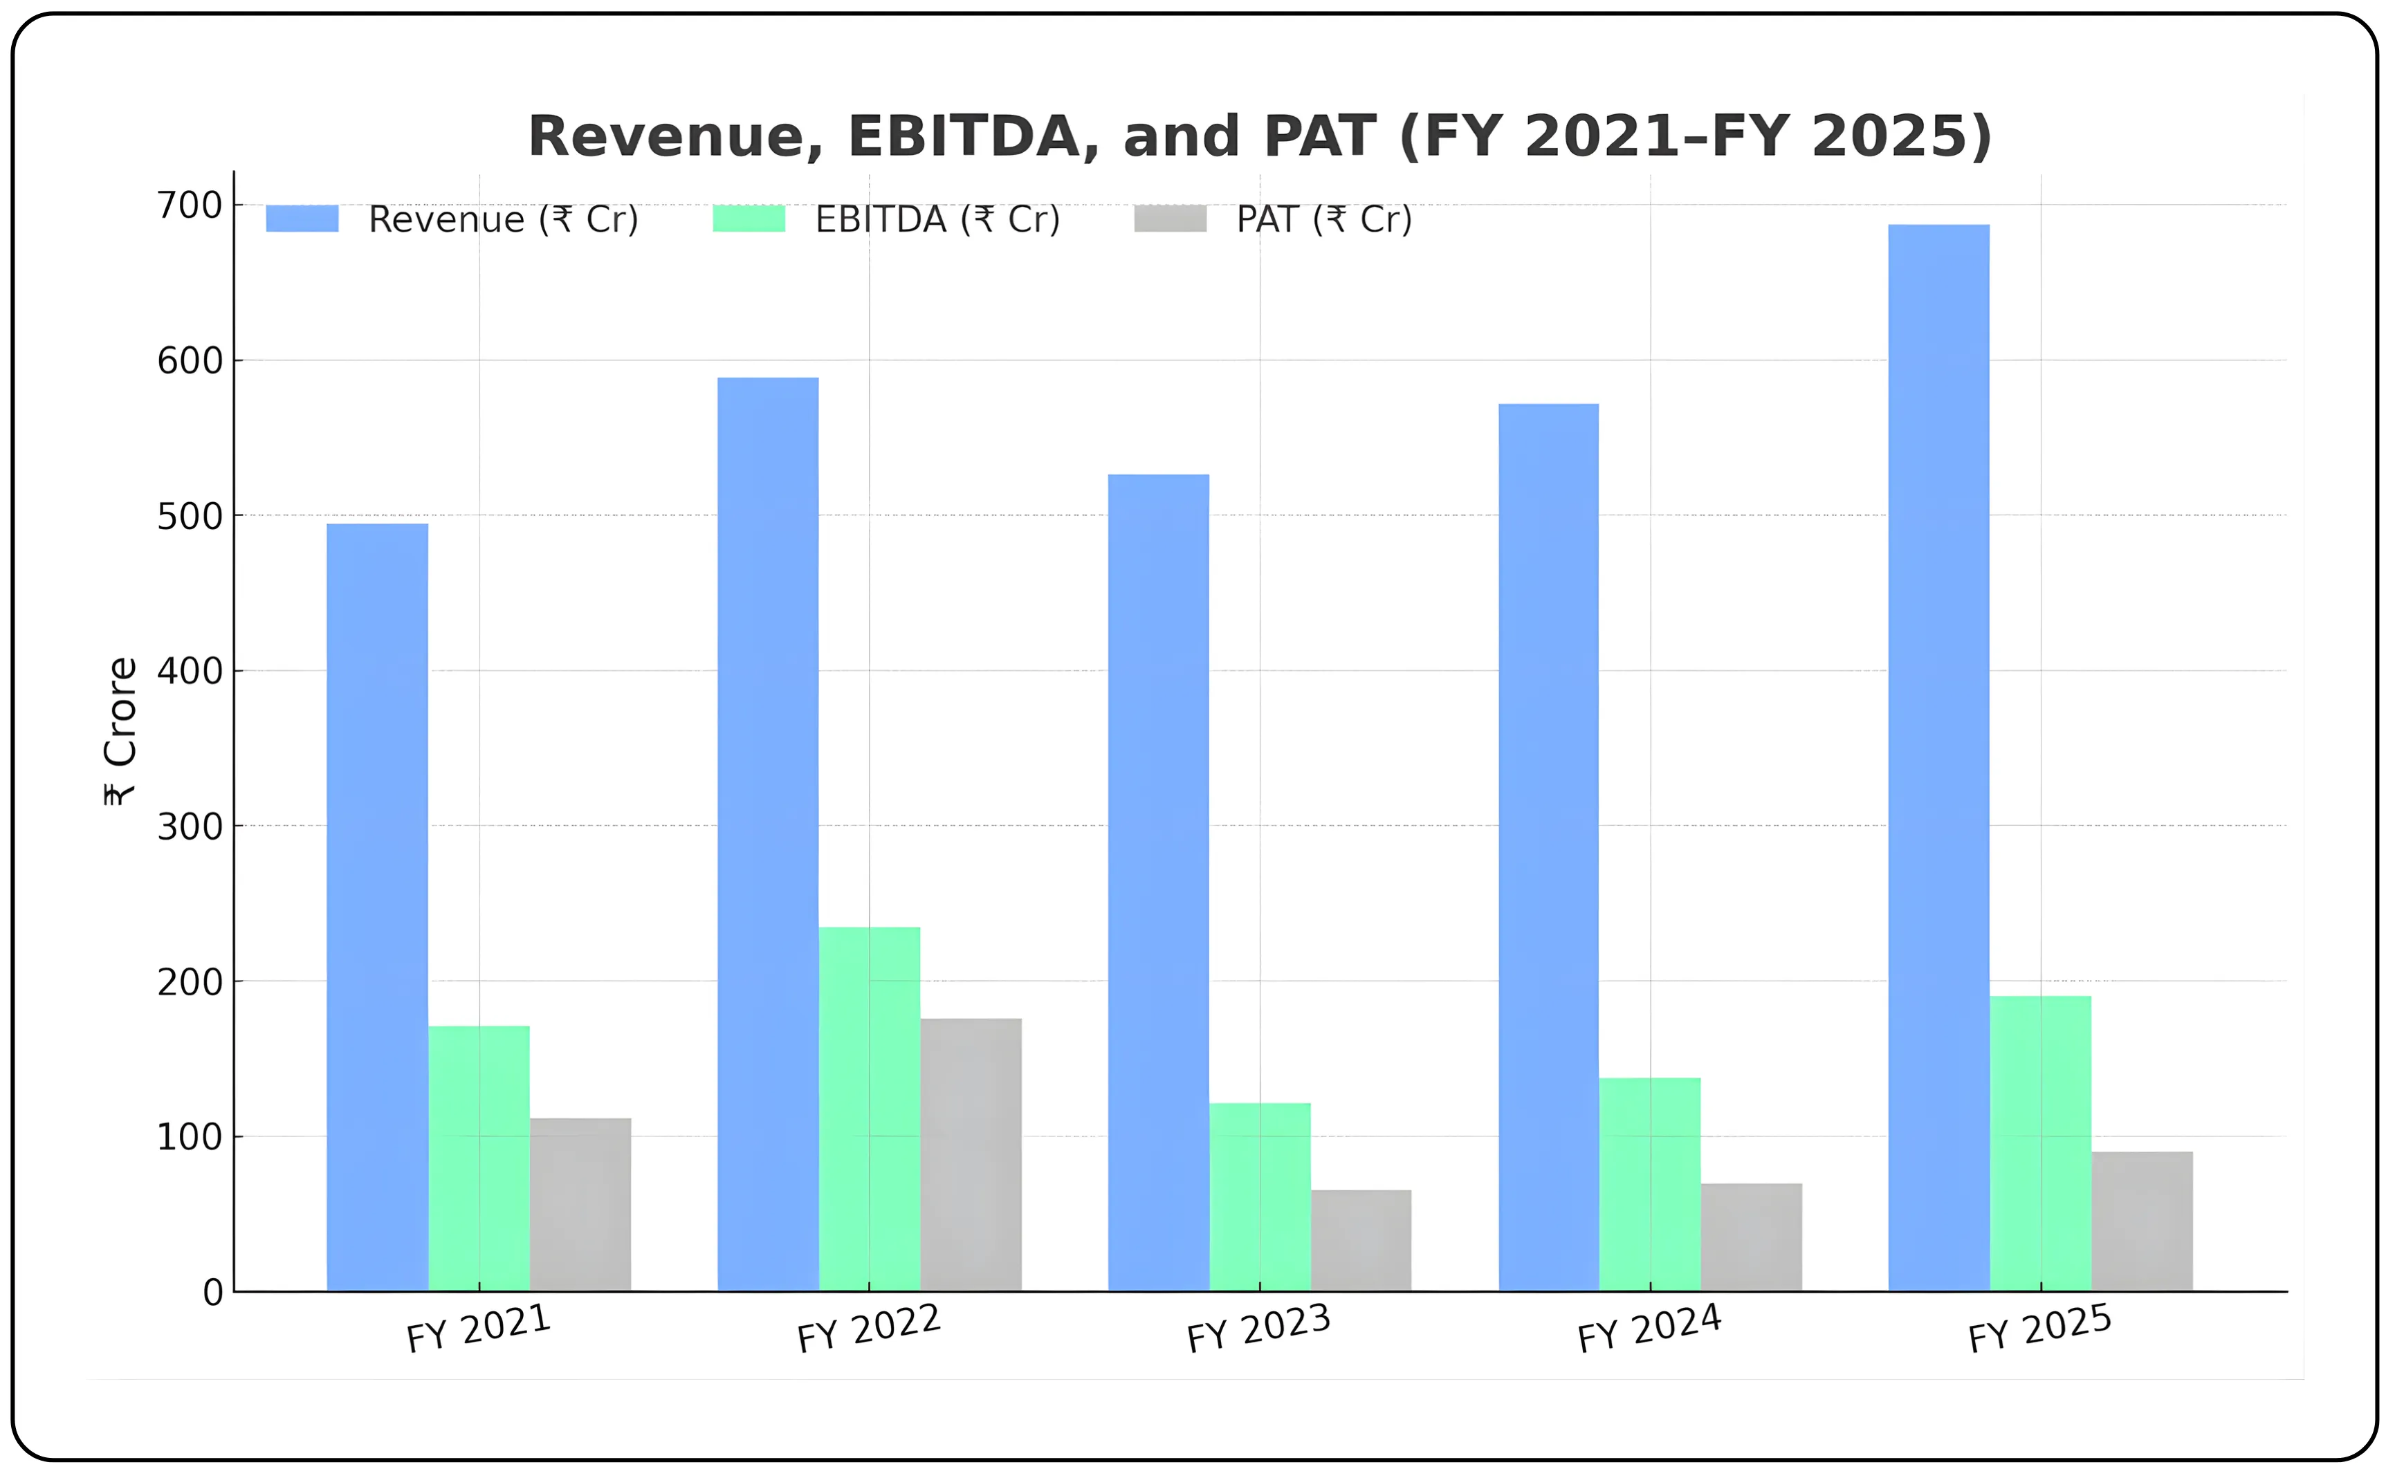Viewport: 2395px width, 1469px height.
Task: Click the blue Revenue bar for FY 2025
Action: (1938, 758)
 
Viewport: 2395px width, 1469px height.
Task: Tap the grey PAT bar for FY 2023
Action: (1361, 1241)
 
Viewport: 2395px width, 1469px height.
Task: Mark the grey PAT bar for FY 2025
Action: (2142, 1221)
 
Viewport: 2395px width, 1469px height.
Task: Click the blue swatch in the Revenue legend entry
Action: (302, 219)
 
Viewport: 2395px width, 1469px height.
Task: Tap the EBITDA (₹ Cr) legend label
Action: (937, 219)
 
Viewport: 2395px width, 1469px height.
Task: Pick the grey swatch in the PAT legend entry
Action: (1171, 219)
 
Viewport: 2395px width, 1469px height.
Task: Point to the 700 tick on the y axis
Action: (190, 206)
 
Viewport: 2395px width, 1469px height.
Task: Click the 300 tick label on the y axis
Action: (190, 826)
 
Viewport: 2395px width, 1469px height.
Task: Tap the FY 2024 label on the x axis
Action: (1649, 1329)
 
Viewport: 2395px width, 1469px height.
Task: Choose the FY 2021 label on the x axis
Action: (478, 1329)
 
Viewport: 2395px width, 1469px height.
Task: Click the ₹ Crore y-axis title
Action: (120, 730)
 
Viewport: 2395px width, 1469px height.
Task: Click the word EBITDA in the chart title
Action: (963, 136)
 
